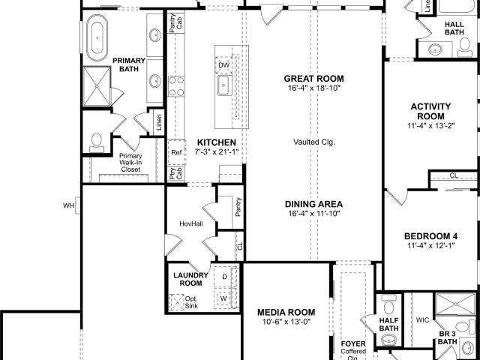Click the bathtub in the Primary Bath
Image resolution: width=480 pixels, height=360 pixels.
pos(97,37)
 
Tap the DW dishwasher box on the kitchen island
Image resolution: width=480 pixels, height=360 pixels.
pos(224,65)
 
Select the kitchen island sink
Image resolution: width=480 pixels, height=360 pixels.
pos(223,85)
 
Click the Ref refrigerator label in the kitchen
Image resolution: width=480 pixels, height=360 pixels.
pos(176,152)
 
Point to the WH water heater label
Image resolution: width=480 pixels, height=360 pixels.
pos(68,205)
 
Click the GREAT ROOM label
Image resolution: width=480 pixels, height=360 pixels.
pos(313,79)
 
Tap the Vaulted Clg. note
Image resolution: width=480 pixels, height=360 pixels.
pos(314,142)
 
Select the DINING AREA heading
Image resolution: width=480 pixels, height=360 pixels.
pos(313,204)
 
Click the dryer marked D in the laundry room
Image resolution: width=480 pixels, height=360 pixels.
pos(225,277)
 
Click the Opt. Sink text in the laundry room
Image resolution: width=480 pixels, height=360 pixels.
pos(191,302)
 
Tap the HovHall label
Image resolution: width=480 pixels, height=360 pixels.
pos(191,223)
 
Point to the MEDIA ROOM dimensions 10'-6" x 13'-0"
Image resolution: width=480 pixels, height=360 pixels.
pos(286,322)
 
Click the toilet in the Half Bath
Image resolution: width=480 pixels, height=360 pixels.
pos(388,304)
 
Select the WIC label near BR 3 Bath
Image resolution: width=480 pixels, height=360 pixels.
pos(422,320)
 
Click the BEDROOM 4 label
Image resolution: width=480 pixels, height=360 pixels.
pos(430,236)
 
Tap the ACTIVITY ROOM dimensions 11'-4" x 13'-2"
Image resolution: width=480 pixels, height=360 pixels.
pos(430,126)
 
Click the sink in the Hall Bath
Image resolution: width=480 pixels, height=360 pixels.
pos(435,49)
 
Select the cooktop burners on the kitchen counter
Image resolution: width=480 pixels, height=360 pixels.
pos(176,86)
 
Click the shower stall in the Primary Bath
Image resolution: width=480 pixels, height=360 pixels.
pos(97,86)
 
